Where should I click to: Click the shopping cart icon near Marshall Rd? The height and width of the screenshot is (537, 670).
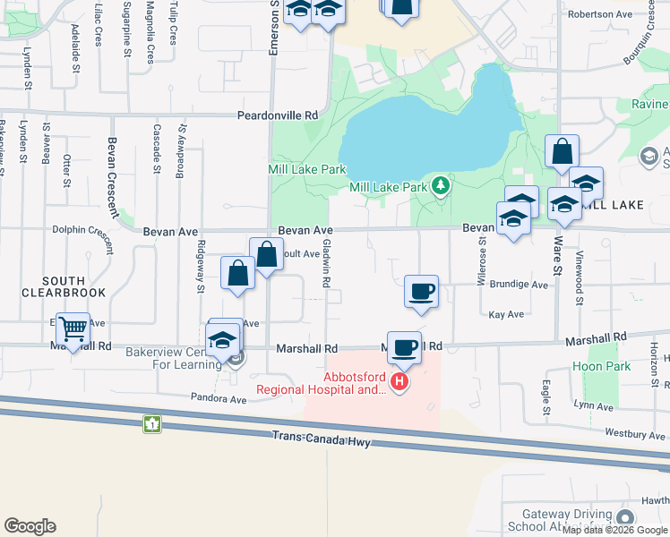pos(72,329)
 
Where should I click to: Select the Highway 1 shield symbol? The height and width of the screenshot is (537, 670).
pos(153,422)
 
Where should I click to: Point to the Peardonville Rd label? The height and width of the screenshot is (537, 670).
pos(278,115)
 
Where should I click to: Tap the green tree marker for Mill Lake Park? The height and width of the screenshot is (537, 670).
pos(440,186)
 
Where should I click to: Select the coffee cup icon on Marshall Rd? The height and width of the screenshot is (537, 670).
pos(404,347)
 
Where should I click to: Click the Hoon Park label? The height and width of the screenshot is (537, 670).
pos(595,366)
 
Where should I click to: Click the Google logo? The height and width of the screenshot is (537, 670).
pos(30,526)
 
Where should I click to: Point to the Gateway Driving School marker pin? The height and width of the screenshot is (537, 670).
pos(624,518)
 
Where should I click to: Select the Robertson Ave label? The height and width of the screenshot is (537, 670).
pos(599,14)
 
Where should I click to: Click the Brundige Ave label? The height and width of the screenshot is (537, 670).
pos(519,285)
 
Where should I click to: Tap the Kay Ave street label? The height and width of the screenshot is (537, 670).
pos(506,315)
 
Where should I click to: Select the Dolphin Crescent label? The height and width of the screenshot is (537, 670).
pos(82,229)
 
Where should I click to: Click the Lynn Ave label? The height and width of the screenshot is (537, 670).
pos(594,405)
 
